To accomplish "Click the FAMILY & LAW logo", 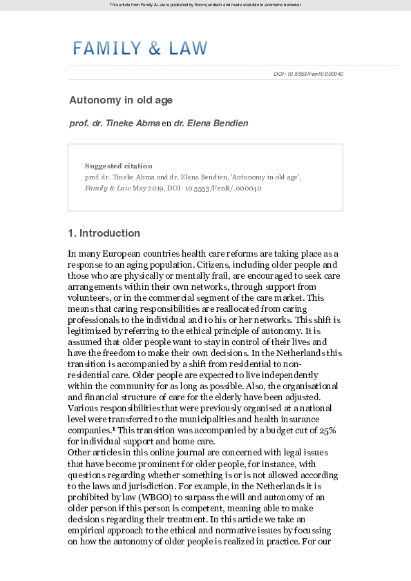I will [140, 48].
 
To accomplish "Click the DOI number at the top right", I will [308, 74].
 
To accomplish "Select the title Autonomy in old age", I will [120, 100].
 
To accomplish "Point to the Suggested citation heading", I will [118, 166].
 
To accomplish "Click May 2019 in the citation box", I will [149, 188].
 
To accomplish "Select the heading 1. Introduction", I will [104, 233].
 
